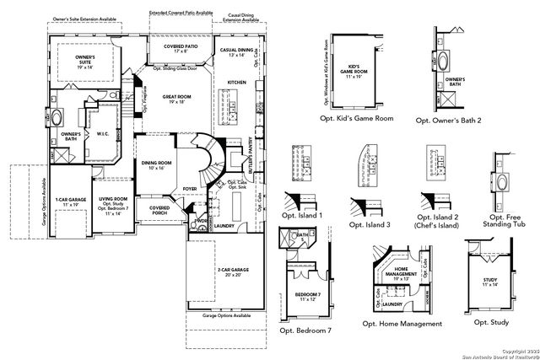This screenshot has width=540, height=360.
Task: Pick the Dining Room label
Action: click(x=156, y=163)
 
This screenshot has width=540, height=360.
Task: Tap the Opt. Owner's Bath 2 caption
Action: click(x=456, y=121)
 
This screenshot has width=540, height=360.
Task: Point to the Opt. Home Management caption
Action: click(x=402, y=324)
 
